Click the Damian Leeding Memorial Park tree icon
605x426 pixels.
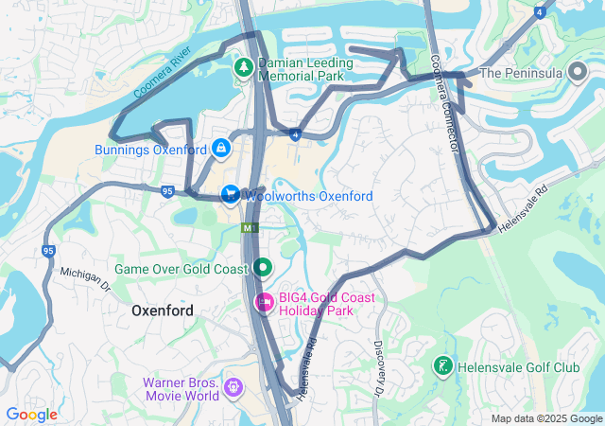pyautogui.click(x=243, y=67)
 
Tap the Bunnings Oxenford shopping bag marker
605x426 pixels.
pyautogui.click(x=220, y=149)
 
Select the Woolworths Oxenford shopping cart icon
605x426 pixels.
pyautogui.click(x=229, y=195)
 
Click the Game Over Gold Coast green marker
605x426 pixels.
pyautogui.click(x=262, y=269)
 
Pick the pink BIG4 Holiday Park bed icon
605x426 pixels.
pyautogui.click(x=265, y=303)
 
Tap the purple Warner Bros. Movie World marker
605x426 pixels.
pyautogui.click(x=233, y=388)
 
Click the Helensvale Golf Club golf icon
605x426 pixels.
pyautogui.click(x=441, y=365)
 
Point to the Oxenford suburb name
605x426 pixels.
pyautogui.click(x=162, y=311)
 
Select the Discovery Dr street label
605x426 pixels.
pyautogui.click(x=378, y=367)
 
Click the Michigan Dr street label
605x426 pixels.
pyautogui.click(x=86, y=278)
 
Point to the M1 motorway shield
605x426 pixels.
pyautogui.click(x=250, y=228)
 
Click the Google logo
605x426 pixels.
pyautogui.click(x=31, y=414)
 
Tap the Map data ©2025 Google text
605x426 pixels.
pyautogui.click(x=546, y=418)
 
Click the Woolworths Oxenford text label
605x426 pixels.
pyautogui.click(x=308, y=196)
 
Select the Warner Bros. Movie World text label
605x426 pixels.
pyautogui.click(x=181, y=389)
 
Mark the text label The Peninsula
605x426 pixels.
pyautogui.click(x=522, y=73)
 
